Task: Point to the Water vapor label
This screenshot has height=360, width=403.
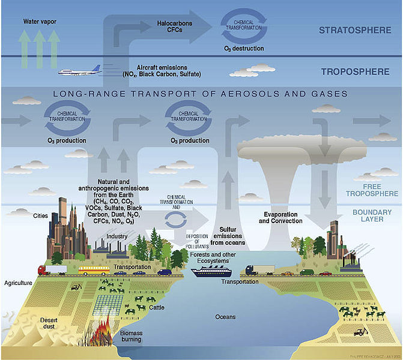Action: point(40,22)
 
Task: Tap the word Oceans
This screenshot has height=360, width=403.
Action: point(226,316)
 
